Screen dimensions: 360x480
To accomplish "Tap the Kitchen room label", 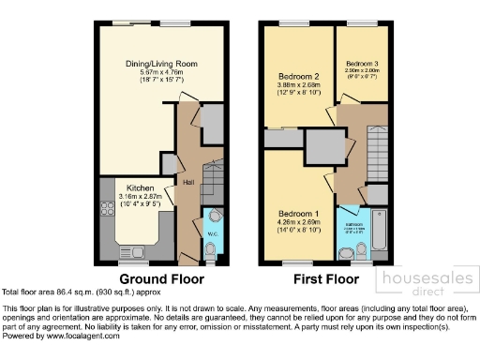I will [140, 187].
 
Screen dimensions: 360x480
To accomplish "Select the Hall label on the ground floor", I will [188, 182].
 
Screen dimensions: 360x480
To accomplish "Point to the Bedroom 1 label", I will [298, 212].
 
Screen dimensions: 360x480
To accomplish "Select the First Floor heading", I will [321, 279].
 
